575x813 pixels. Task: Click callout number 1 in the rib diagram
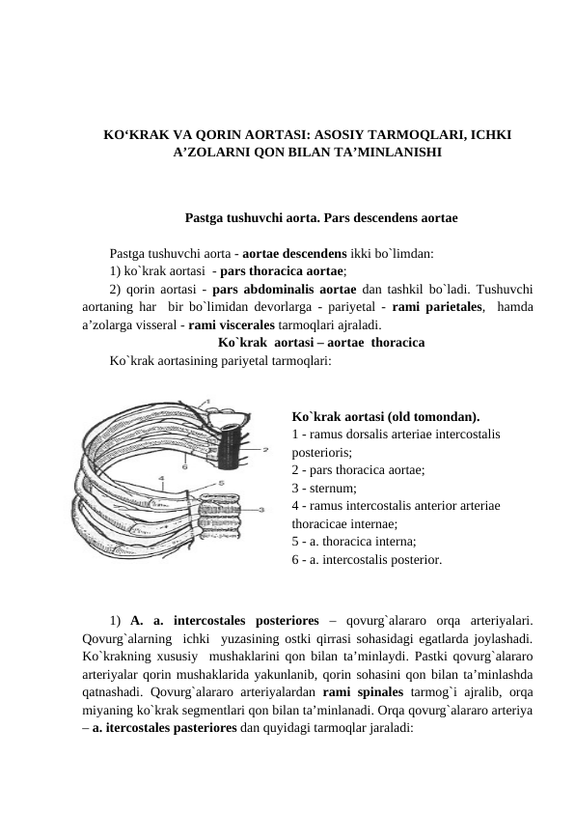[207, 402]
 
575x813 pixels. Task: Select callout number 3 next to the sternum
[262, 508]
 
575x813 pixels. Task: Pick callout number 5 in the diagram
[221, 483]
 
